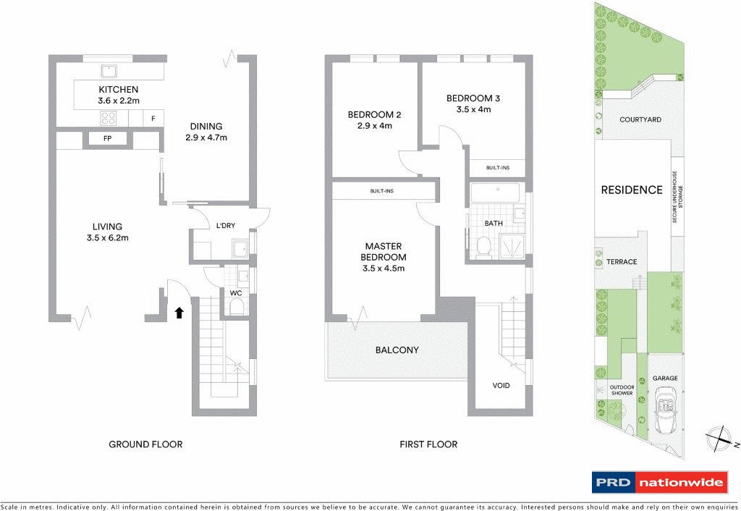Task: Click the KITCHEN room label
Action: (119, 90)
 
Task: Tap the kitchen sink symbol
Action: (109, 70)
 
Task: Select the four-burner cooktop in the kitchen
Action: (109, 119)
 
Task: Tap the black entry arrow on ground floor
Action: (179, 313)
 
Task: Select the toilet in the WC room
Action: (235, 308)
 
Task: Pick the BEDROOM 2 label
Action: (374, 114)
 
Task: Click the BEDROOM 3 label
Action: (473, 98)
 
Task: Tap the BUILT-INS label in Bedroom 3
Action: (497, 168)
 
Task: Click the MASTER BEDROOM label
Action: (384, 252)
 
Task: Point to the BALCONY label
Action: (397, 350)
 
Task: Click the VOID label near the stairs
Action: (501, 385)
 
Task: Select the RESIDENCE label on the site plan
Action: (632, 190)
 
